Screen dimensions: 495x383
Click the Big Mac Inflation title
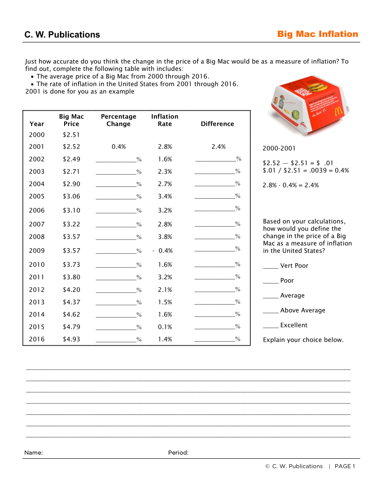pyautogui.click(x=318, y=34)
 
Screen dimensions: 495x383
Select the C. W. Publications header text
pyautogui.click(x=62, y=35)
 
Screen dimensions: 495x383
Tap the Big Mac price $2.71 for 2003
pyautogui.click(x=71, y=172)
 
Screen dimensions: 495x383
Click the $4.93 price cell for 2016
pyautogui.click(x=71, y=339)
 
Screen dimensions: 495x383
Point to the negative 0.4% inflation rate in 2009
pyautogui.click(x=163, y=251)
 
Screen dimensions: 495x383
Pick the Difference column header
pyautogui.click(x=218, y=124)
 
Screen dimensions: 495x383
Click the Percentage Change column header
pyautogui.click(x=119, y=120)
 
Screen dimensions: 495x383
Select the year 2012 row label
pyautogui.click(x=37, y=290)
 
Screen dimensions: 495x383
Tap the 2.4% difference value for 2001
pyautogui.click(x=219, y=147)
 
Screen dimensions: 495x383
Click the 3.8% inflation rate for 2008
pyautogui.click(x=165, y=237)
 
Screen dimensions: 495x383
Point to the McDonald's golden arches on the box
pyautogui.click(x=338, y=111)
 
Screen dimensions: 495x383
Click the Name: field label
pyautogui.click(x=34, y=453)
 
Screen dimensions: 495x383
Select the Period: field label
pyautogui.click(x=178, y=453)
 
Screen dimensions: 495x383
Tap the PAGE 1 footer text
pyautogui.click(x=345, y=466)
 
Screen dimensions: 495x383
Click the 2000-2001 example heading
pyautogui.click(x=279, y=149)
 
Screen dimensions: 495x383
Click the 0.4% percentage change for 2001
pyautogui.click(x=119, y=147)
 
